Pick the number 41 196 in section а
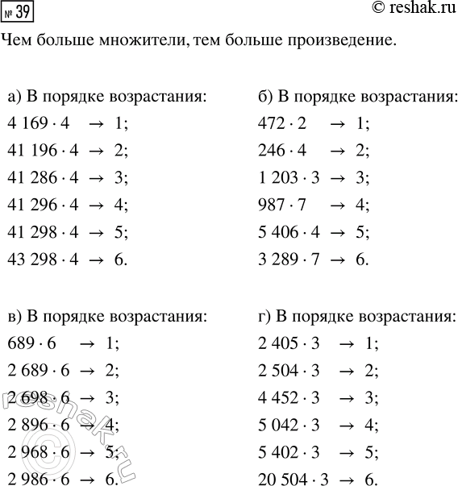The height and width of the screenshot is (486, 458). click(28, 150)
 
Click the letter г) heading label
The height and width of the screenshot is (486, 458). click(260, 314)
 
